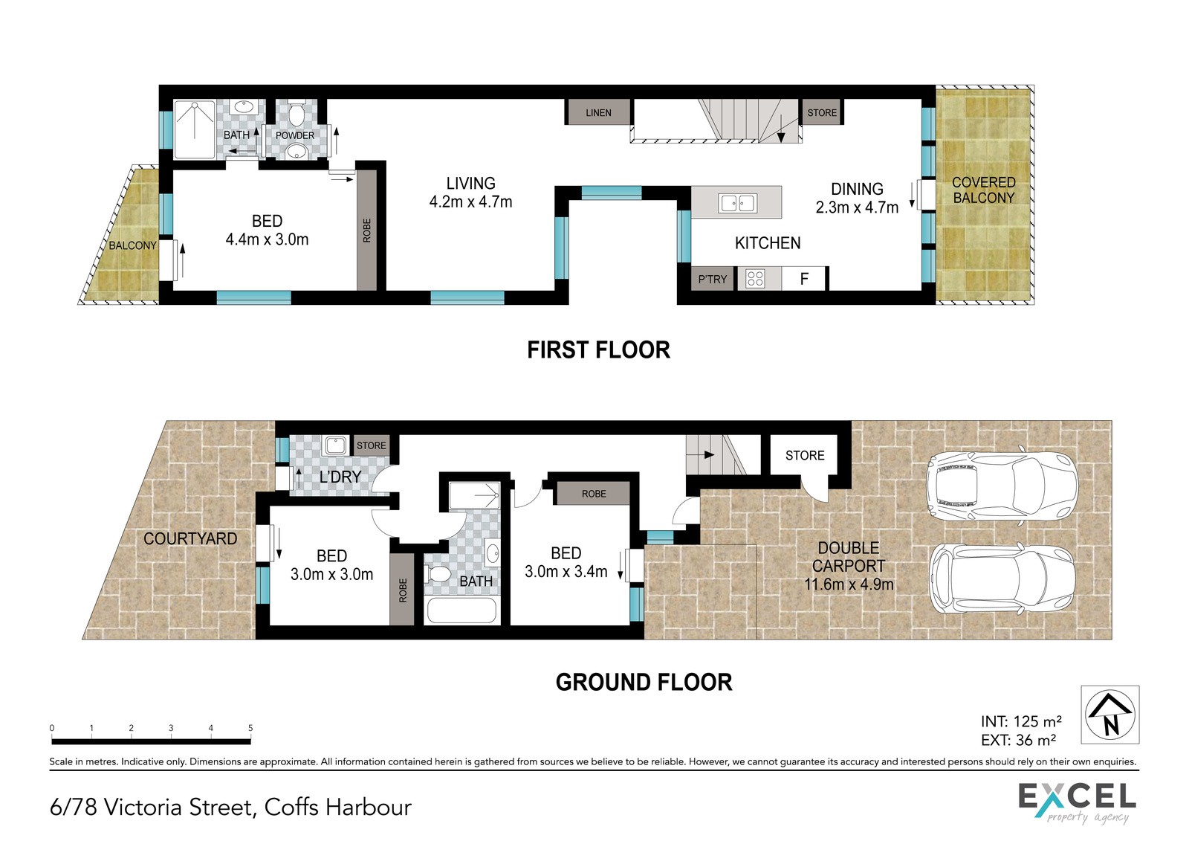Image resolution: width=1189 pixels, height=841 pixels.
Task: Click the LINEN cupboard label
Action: click(x=598, y=112)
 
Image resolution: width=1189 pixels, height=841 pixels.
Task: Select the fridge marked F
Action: click(x=803, y=278)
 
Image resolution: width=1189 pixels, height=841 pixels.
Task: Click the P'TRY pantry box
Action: click(x=713, y=279)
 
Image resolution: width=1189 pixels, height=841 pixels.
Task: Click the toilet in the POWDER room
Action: click(x=295, y=113)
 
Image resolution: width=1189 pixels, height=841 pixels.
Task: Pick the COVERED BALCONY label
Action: click(x=984, y=190)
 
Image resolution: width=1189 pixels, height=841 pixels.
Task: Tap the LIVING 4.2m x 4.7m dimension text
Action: click(x=470, y=193)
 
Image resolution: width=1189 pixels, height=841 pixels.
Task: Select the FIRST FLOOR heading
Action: click(x=598, y=350)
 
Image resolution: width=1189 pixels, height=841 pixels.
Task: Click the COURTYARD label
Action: click(x=190, y=538)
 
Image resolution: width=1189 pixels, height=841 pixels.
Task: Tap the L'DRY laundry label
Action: click(x=340, y=477)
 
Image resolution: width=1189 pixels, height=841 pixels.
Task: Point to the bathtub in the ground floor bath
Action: click(x=461, y=610)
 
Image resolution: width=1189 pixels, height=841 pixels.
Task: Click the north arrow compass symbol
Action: click(x=1110, y=715)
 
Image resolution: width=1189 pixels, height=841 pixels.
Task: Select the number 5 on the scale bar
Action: click(x=250, y=728)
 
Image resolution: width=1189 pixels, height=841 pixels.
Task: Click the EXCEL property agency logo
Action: click(x=1077, y=803)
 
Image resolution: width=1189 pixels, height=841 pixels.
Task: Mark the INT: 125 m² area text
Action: click(x=1021, y=721)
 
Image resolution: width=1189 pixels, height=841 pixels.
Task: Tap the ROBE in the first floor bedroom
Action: click(x=367, y=230)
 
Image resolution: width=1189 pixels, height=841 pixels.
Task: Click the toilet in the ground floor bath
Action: click(x=438, y=574)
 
